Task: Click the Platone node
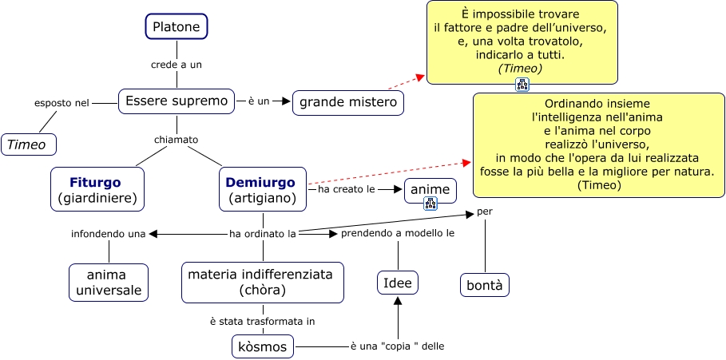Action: [177, 26]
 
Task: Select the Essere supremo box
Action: [177, 101]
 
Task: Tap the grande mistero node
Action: [347, 103]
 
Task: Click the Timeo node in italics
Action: [29, 144]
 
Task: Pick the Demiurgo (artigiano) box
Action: [263, 189]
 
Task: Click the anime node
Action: [430, 190]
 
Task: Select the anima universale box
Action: [109, 283]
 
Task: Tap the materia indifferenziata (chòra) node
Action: [262, 283]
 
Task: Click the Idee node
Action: [398, 283]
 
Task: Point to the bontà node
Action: [485, 285]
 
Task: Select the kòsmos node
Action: [262, 346]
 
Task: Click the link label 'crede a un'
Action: [177, 64]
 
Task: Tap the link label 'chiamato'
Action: [176, 140]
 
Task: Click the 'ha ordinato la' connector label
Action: [263, 234]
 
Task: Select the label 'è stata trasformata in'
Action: [262, 322]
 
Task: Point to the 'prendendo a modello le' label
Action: [398, 234]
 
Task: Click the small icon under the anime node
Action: [430, 204]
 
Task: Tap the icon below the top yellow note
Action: [522, 85]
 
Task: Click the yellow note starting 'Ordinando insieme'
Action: [599, 145]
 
